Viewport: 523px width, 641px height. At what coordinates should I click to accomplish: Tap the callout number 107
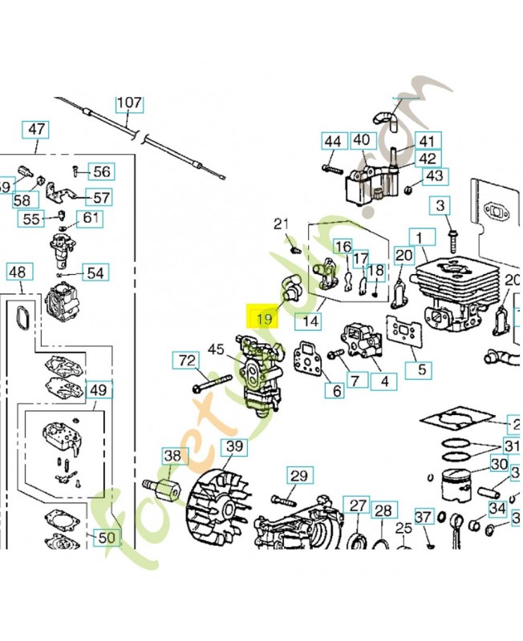coord(129,103)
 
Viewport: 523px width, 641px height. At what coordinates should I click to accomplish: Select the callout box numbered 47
coord(38,129)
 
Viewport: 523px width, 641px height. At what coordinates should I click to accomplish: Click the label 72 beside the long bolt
coord(186,361)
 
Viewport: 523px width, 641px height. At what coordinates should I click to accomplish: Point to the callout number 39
coord(233,446)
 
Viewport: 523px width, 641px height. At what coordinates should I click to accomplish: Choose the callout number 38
coord(172,456)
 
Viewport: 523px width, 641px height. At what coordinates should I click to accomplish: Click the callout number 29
coord(298,476)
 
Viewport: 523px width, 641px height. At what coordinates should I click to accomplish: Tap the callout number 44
coord(333,142)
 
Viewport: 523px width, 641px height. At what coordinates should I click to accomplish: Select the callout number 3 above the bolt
coord(440,206)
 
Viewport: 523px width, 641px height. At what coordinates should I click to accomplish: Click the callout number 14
coord(310,322)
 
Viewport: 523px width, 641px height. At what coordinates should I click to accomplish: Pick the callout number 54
coord(95,273)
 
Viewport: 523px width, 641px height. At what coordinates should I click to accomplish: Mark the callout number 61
coord(91,218)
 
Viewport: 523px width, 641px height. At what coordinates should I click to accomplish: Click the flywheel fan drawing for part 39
coord(217,503)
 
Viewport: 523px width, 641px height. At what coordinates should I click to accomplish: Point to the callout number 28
coord(383,510)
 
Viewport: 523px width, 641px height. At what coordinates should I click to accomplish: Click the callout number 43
coord(434,175)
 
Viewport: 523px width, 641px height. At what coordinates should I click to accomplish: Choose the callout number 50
coord(107,538)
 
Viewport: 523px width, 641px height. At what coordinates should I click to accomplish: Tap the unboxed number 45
coord(216,349)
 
